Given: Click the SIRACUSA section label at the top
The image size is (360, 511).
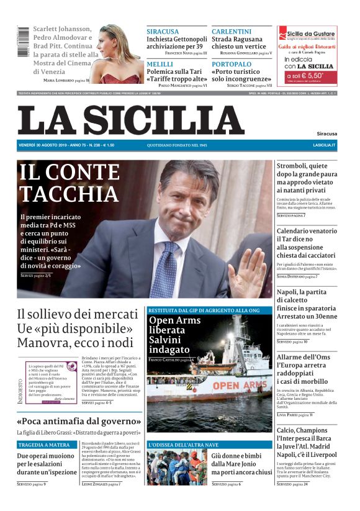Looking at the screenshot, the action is click(x=163, y=32).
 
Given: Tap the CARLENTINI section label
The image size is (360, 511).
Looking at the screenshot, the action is click(x=232, y=32).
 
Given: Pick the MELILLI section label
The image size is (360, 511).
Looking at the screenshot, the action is click(x=160, y=64).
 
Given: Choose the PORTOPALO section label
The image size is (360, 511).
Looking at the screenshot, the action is click(x=232, y=64).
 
